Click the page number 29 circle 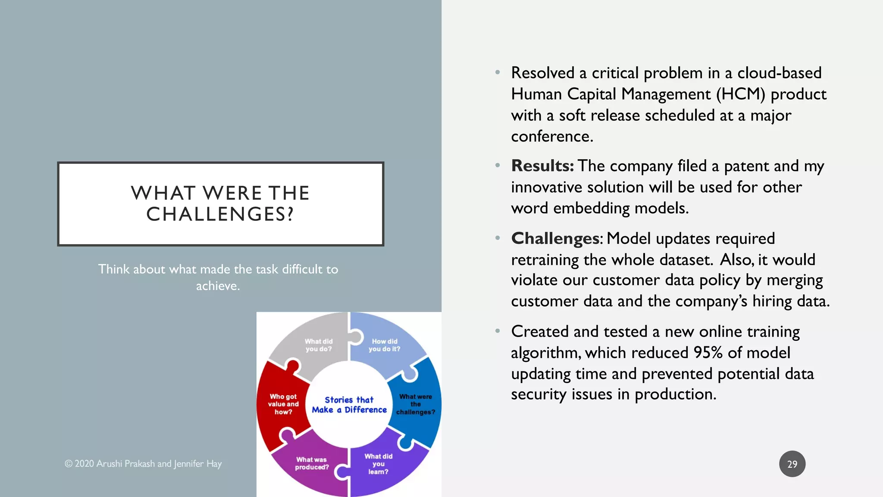point(792,464)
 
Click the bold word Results point(542,166)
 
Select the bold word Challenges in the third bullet point(555,239)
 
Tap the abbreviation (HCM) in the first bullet point(740,94)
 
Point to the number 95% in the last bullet point(708,353)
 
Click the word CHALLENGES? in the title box point(220,214)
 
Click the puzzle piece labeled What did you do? point(318,345)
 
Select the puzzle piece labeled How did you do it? point(384,345)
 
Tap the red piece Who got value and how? point(283,404)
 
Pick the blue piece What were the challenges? point(416,404)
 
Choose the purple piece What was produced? point(312,463)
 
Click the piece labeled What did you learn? point(378,464)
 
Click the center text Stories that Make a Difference point(349,405)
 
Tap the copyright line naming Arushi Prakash point(143,464)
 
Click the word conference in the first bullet point(551,136)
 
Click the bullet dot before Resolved point(498,72)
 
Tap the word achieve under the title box point(217,286)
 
